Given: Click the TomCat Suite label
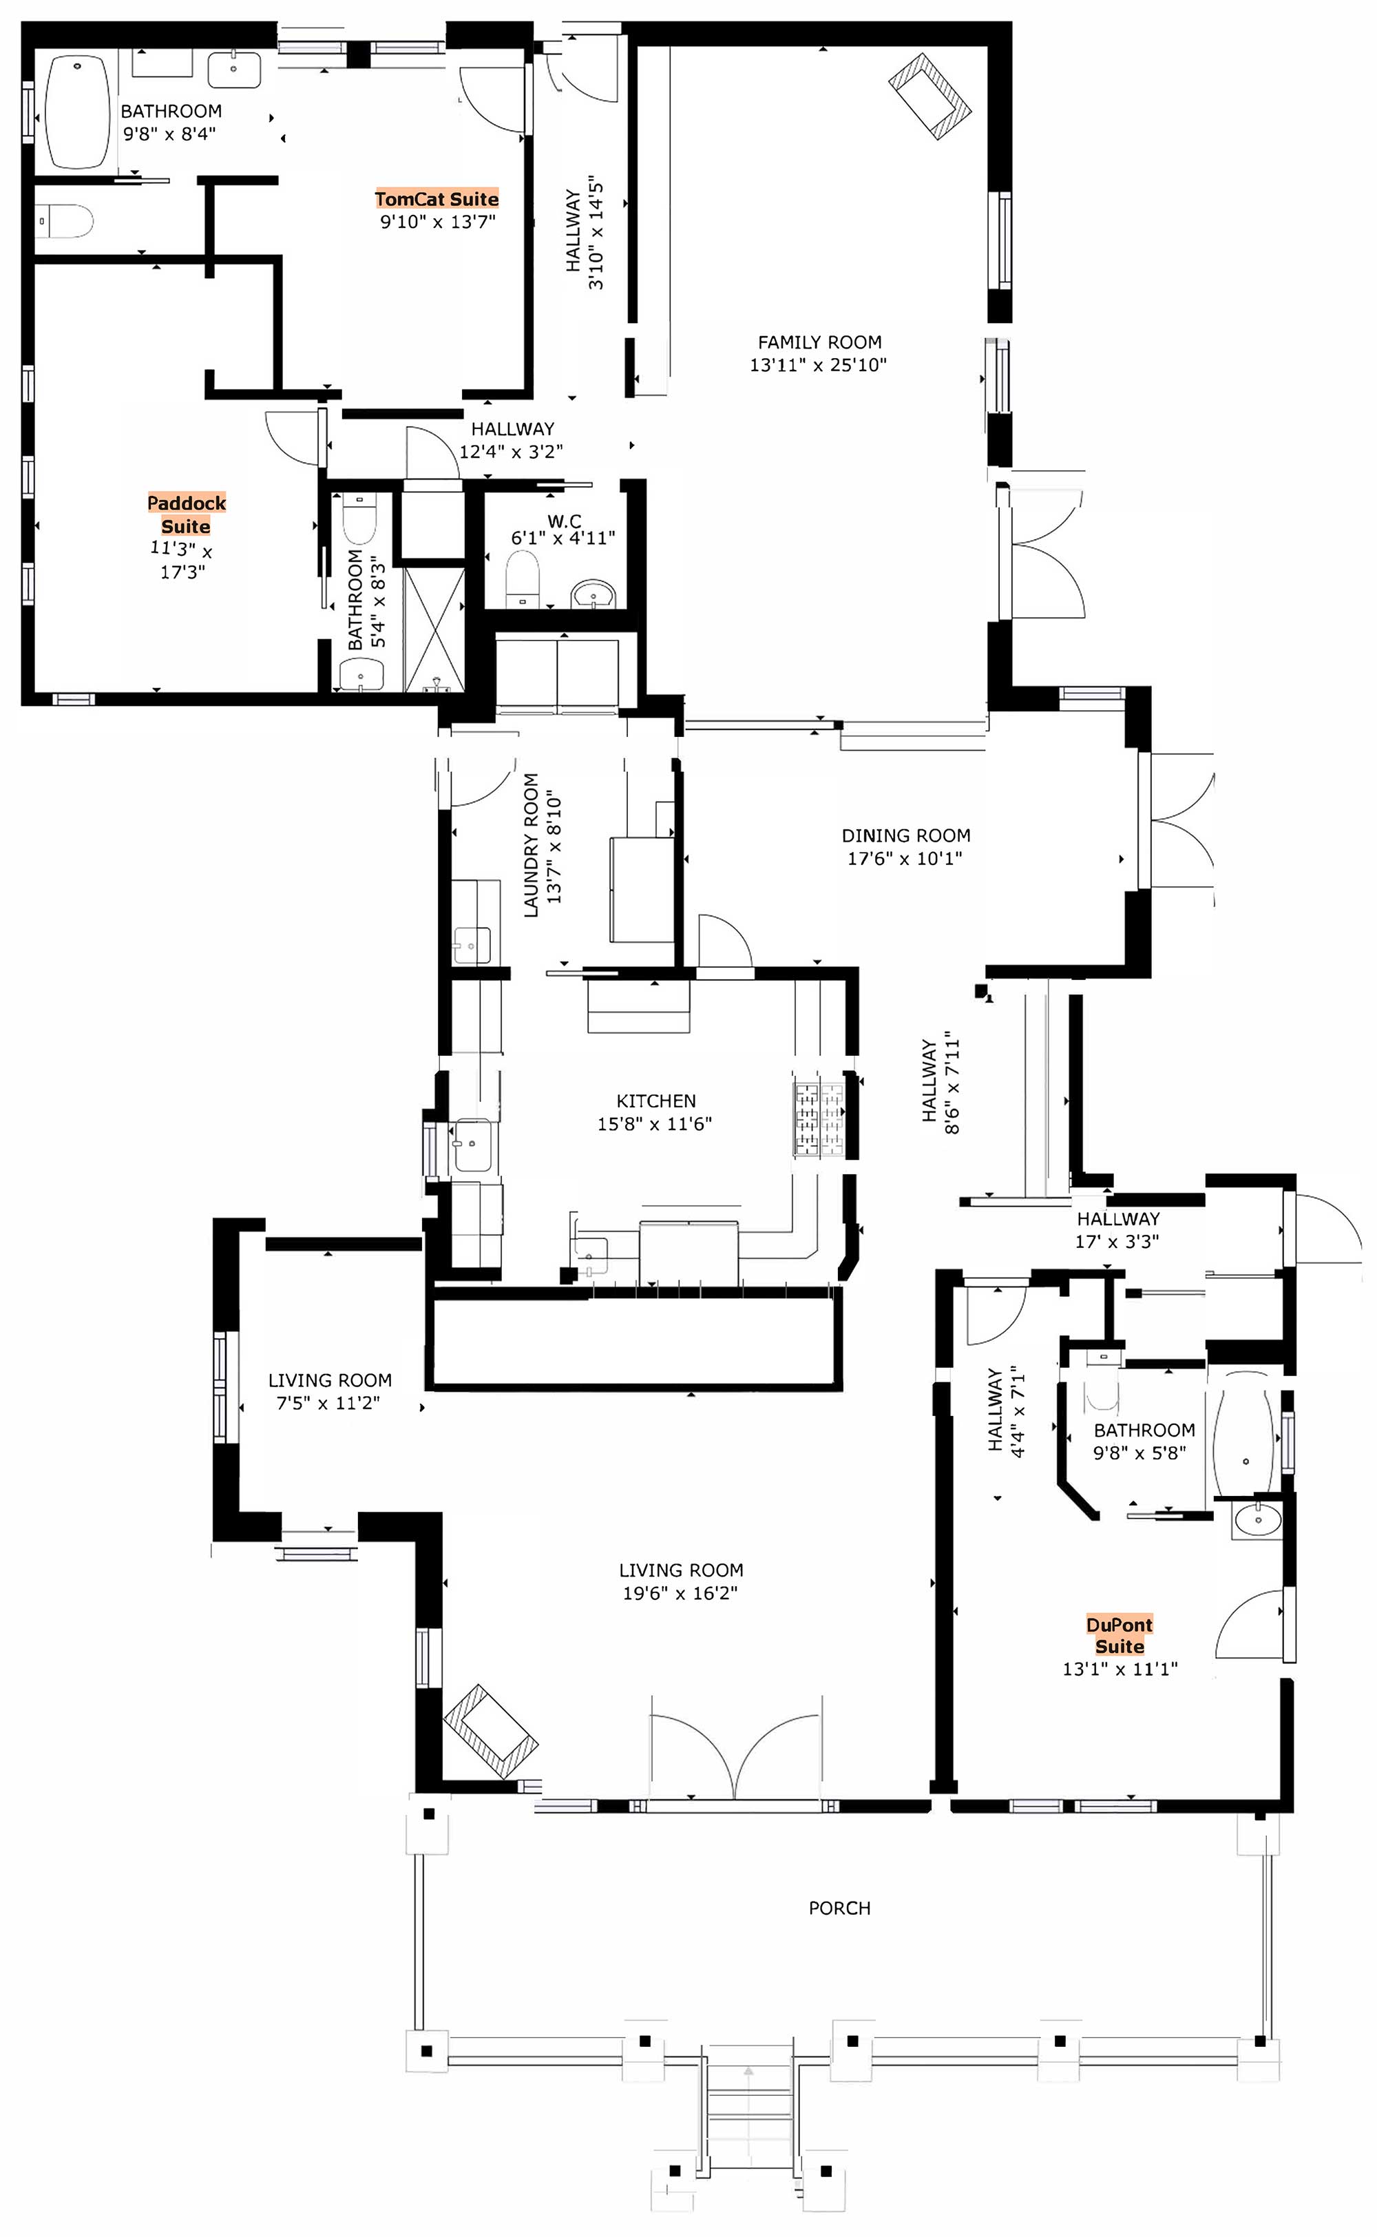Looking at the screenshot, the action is click(437, 198).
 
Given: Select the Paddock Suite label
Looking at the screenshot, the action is click(187, 514).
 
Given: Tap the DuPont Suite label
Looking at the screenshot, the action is click(1120, 1636).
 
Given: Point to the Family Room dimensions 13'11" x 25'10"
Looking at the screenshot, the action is click(819, 365).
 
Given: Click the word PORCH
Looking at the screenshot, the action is click(840, 1908).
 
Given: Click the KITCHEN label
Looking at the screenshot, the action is click(655, 1101).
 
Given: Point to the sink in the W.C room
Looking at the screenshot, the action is click(593, 594).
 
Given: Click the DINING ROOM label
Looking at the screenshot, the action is click(906, 835).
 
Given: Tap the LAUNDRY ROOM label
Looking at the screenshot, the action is click(531, 845).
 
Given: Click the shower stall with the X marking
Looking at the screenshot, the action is click(434, 629).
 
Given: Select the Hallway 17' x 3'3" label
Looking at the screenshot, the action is click(1118, 1229).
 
